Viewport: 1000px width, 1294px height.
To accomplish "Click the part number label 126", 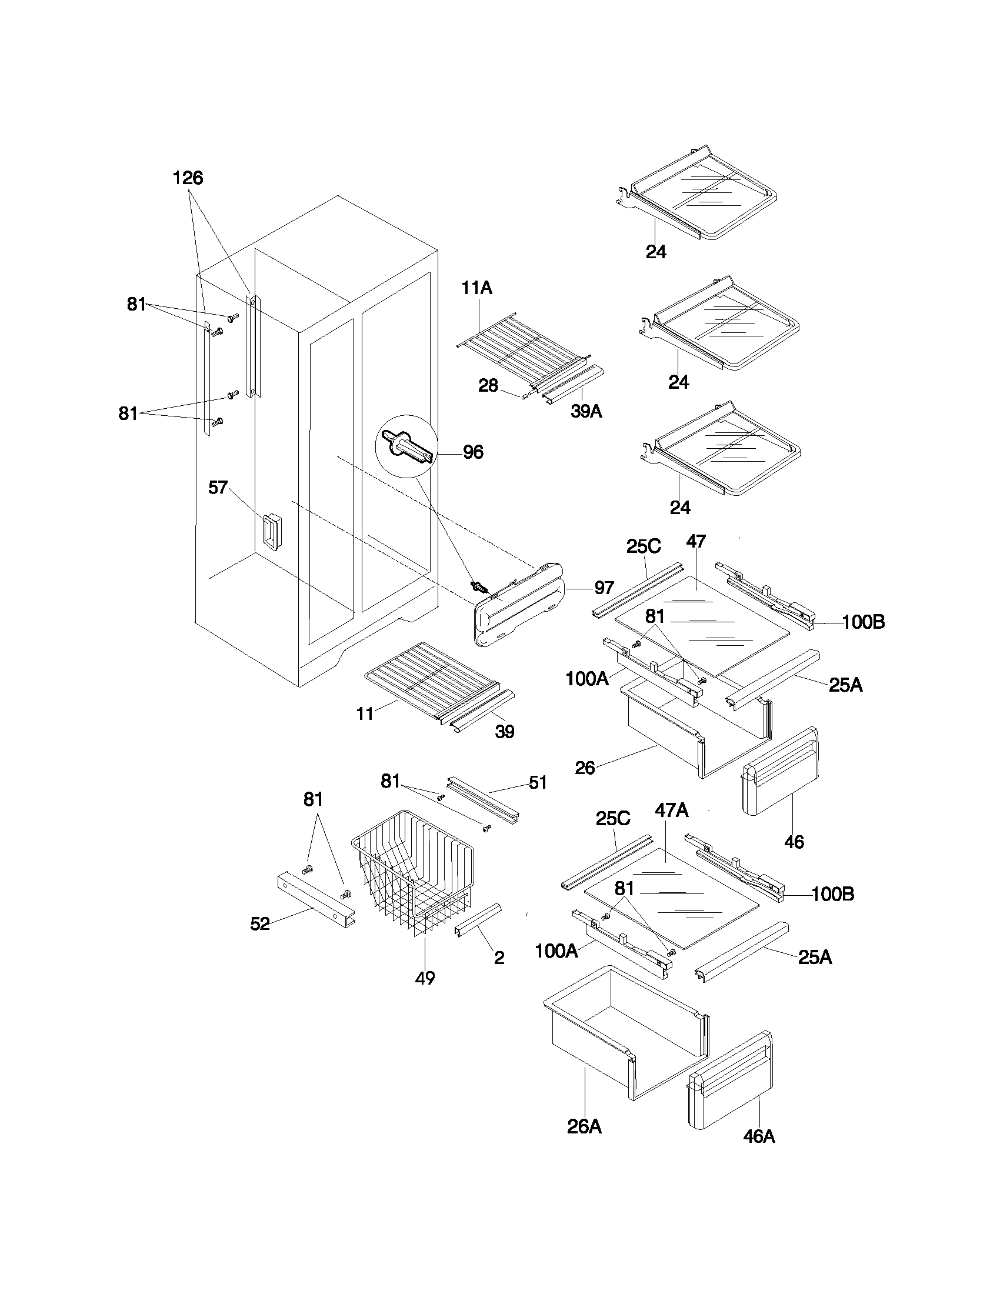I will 188,178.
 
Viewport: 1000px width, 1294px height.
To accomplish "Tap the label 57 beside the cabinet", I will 218,488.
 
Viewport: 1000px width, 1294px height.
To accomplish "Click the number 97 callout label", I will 604,588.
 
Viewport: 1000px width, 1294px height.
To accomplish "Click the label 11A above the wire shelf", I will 477,289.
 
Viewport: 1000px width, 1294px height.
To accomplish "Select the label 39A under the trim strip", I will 586,411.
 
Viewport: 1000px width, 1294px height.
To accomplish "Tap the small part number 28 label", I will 488,386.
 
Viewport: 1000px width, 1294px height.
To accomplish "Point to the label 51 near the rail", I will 537,783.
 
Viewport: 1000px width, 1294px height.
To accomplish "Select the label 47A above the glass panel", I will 671,810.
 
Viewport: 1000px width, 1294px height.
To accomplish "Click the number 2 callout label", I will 499,958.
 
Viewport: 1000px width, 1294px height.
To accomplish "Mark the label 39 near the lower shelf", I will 504,732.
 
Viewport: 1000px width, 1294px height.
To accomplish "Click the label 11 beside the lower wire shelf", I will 365,714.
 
